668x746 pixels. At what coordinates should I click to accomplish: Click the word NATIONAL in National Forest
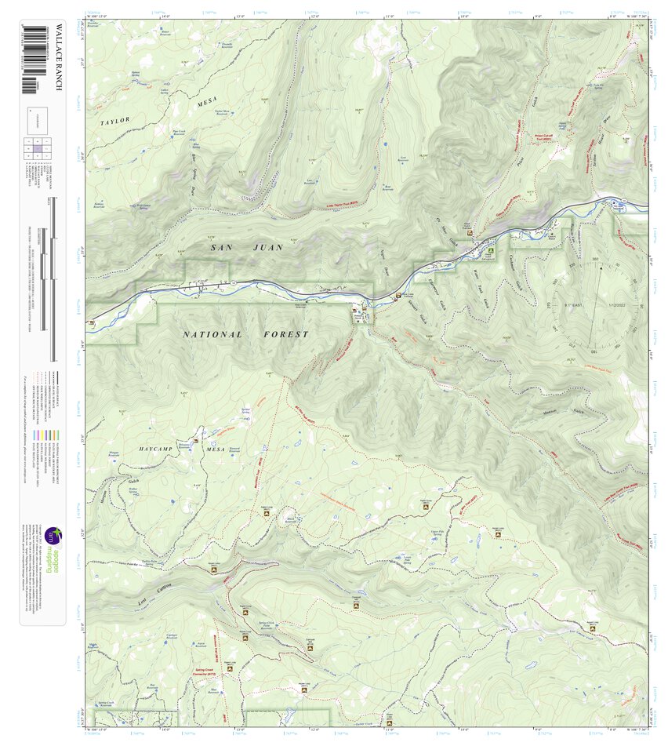pyautogui.click(x=212, y=334)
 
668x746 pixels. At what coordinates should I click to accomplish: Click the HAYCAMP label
pyautogui.click(x=160, y=448)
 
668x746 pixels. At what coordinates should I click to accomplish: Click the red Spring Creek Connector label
pyautogui.click(x=209, y=673)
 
